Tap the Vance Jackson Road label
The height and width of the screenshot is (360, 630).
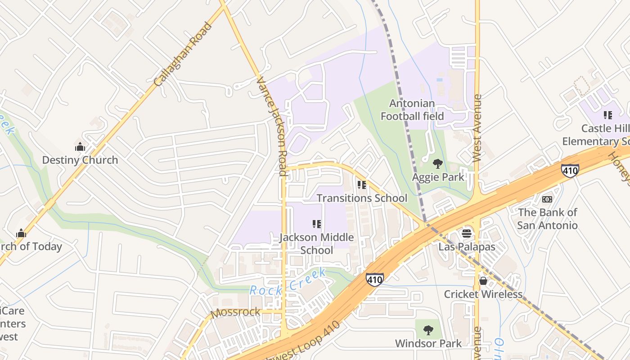271,126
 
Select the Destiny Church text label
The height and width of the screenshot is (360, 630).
80,160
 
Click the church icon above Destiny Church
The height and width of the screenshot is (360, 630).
80,147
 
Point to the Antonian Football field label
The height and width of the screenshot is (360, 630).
412,110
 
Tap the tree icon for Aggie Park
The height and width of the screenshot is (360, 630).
437,164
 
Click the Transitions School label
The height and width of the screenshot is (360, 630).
362,198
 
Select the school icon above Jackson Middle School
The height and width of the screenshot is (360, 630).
317,224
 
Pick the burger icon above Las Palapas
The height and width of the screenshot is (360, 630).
467,234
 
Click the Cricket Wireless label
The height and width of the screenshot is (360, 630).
483,294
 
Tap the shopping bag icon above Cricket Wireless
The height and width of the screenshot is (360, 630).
483,281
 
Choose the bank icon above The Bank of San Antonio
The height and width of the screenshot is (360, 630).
547,199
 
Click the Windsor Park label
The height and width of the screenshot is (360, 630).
428,343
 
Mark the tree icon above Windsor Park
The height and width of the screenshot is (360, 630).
428,330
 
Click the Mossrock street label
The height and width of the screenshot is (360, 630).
235,312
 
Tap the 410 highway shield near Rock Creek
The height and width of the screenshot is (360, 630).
374,279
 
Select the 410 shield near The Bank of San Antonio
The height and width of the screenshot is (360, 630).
570,171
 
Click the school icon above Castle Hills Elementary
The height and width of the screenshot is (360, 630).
608,115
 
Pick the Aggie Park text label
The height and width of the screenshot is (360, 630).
438,177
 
